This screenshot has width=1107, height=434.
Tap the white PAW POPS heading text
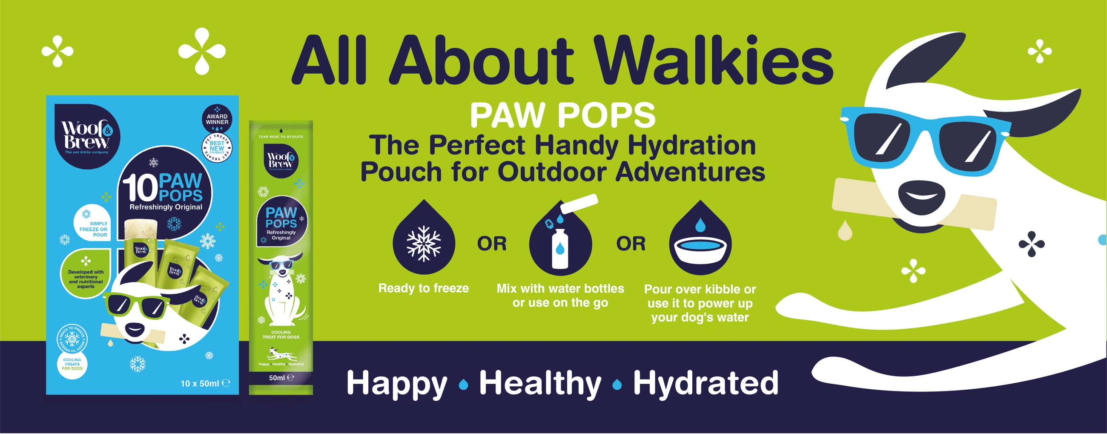pyautogui.click(x=562, y=115)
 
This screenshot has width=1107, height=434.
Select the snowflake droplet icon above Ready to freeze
pyautogui.click(x=424, y=241)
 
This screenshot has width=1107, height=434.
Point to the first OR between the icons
pyautogui.click(x=492, y=244)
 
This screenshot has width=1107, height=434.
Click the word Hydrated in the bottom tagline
pyautogui.click(x=705, y=383)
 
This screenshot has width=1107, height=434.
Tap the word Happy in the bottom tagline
pyautogui.click(x=397, y=383)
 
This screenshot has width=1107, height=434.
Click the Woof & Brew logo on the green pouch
pyautogui.click(x=281, y=160)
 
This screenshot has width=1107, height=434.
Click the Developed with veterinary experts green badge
pyautogui.click(x=86, y=276)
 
